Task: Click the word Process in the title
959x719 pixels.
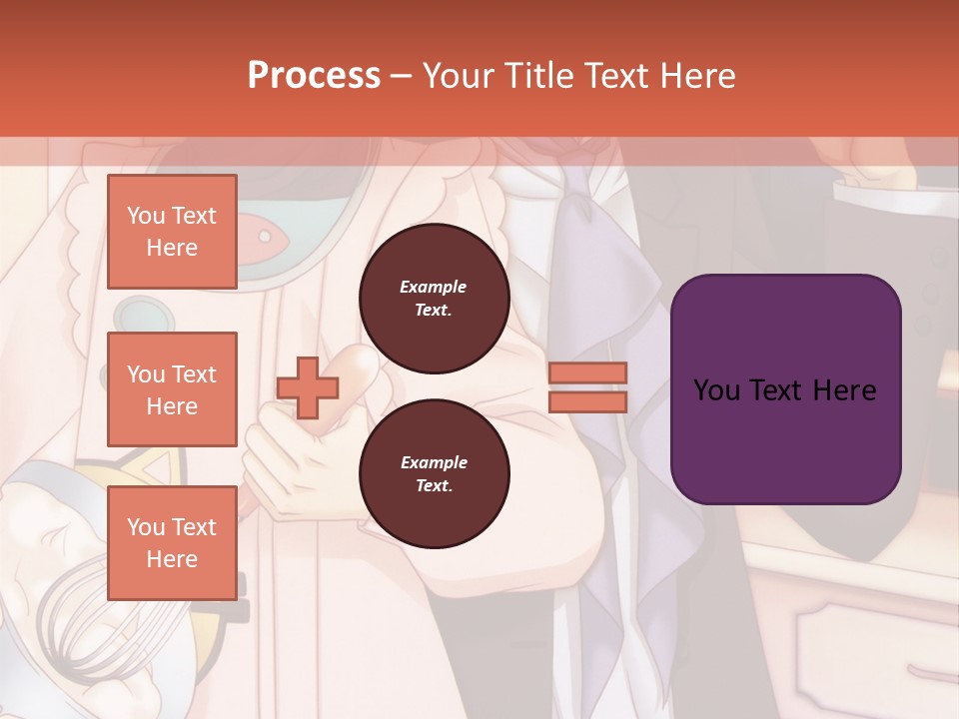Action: [314, 76]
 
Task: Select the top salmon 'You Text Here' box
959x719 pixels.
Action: [172, 232]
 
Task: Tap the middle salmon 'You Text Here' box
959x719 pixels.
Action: [172, 389]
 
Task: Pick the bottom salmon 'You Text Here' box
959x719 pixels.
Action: [172, 543]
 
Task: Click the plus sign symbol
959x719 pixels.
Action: [308, 388]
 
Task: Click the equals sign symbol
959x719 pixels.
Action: [587, 387]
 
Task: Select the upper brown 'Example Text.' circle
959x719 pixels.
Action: [434, 299]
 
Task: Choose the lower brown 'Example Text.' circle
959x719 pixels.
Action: [434, 474]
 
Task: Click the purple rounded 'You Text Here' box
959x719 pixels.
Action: [785, 388]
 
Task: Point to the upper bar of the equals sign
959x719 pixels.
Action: [587, 373]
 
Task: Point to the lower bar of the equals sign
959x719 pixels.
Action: [587, 401]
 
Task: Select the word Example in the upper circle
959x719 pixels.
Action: [434, 287]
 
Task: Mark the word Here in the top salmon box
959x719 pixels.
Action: [172, 248]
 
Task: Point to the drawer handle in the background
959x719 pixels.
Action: [924, 671]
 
